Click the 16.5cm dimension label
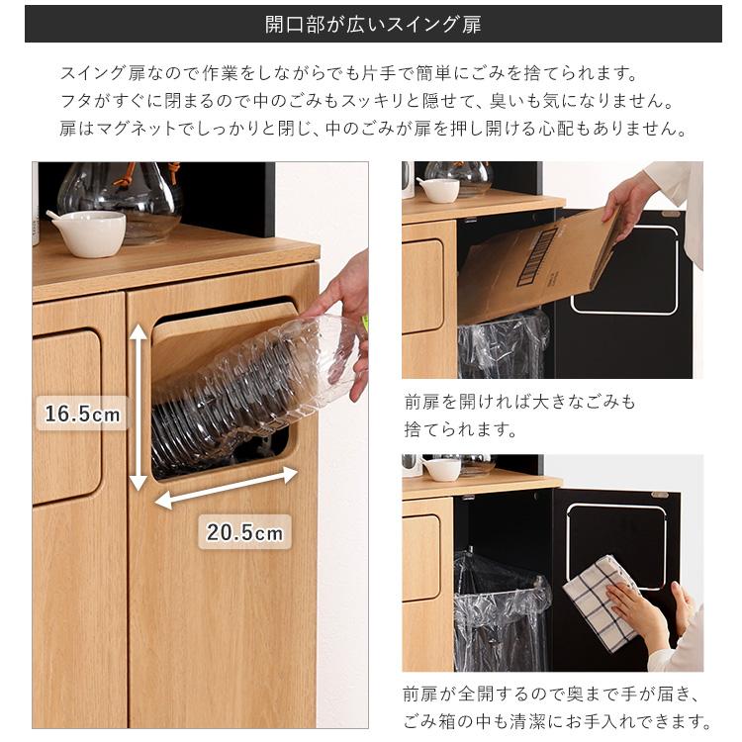(x=82, y=413)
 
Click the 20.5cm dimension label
(x=244, y=532)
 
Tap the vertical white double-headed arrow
(x=139, y=408)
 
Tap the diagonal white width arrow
(x=227, y=488)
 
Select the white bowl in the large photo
(x=87, y=232)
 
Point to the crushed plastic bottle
(x=252, y=386)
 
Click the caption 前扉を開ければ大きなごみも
(x=519, y=403)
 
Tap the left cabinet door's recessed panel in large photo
(x=66, y=416)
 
